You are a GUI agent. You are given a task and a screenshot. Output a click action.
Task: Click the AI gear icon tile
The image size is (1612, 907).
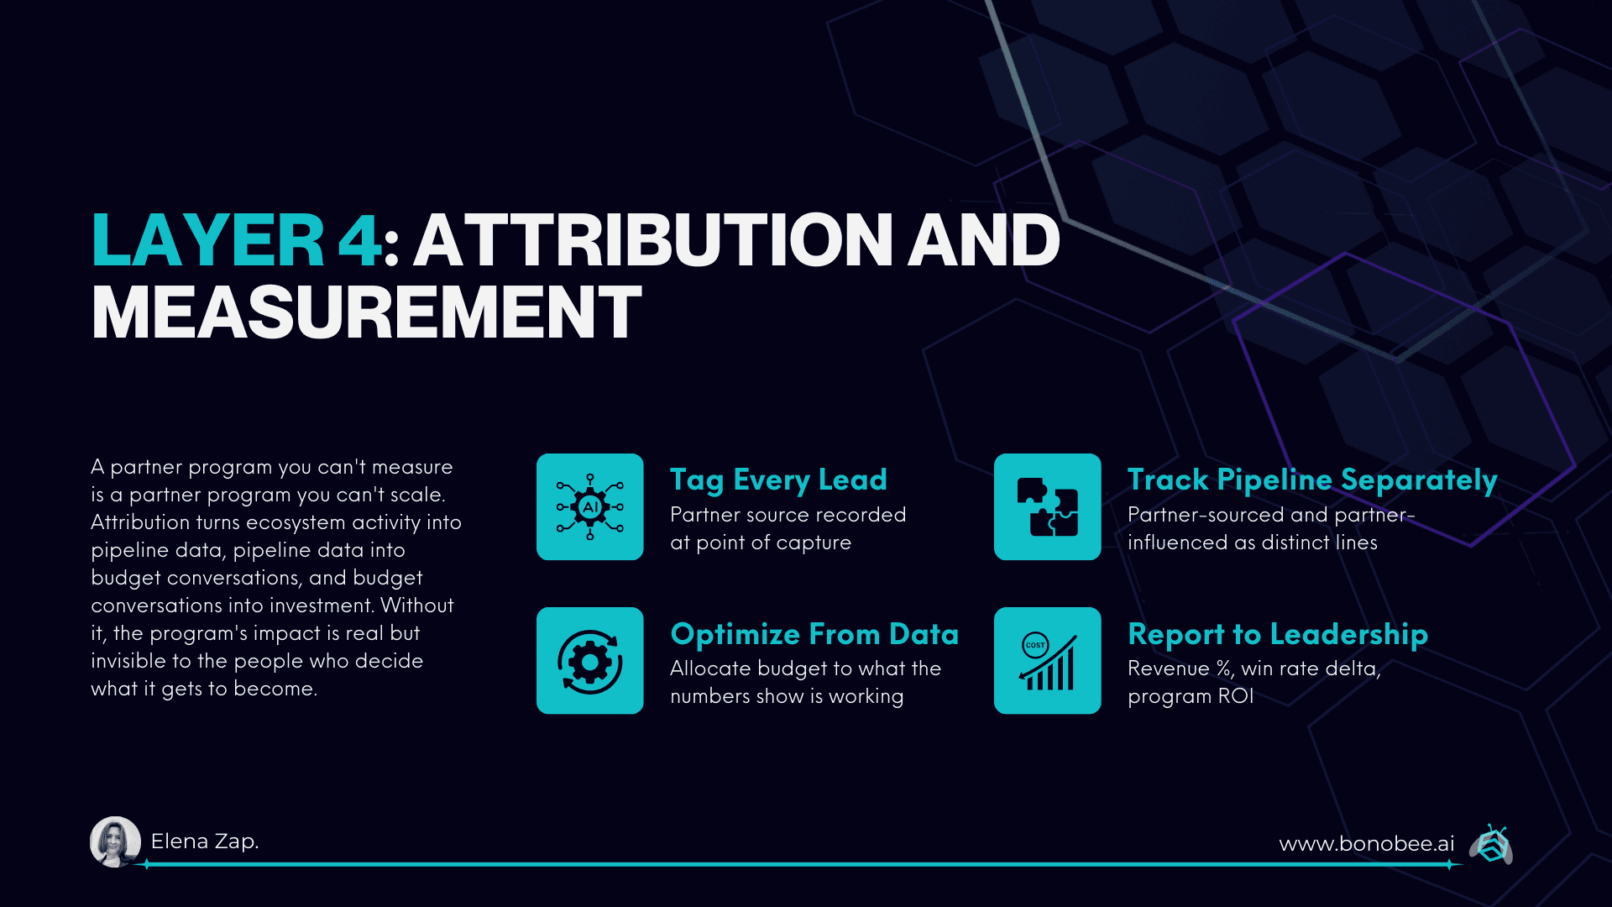coord(590,507)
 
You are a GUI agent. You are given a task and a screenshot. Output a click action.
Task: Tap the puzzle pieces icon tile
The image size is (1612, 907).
coord(1047,507)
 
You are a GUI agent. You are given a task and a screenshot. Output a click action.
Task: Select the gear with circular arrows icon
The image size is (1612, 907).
coord(590,661)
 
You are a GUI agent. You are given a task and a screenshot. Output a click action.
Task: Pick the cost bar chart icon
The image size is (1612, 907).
coord(1047,661)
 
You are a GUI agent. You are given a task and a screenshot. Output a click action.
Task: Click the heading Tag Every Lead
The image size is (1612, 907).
coord(778,480)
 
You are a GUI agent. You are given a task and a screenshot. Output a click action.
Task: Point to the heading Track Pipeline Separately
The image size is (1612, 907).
coord(1312,480)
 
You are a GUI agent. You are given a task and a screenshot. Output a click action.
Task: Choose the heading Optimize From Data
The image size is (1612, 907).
coord(814,634)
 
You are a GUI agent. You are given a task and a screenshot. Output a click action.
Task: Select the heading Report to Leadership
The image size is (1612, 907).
coord(1277,634)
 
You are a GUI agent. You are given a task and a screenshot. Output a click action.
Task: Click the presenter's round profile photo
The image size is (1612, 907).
coord(115,841)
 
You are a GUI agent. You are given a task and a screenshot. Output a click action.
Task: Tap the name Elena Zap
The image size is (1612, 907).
coord(205,841)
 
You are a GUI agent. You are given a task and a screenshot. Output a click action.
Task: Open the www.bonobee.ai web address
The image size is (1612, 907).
coord(1366,844)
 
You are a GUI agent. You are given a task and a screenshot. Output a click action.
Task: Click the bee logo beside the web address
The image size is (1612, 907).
coord(1492,844)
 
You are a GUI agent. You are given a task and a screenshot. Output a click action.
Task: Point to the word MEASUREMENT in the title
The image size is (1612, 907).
coord(367,312)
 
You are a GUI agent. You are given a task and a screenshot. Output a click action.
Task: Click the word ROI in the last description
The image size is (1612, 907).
coord(1237,696)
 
